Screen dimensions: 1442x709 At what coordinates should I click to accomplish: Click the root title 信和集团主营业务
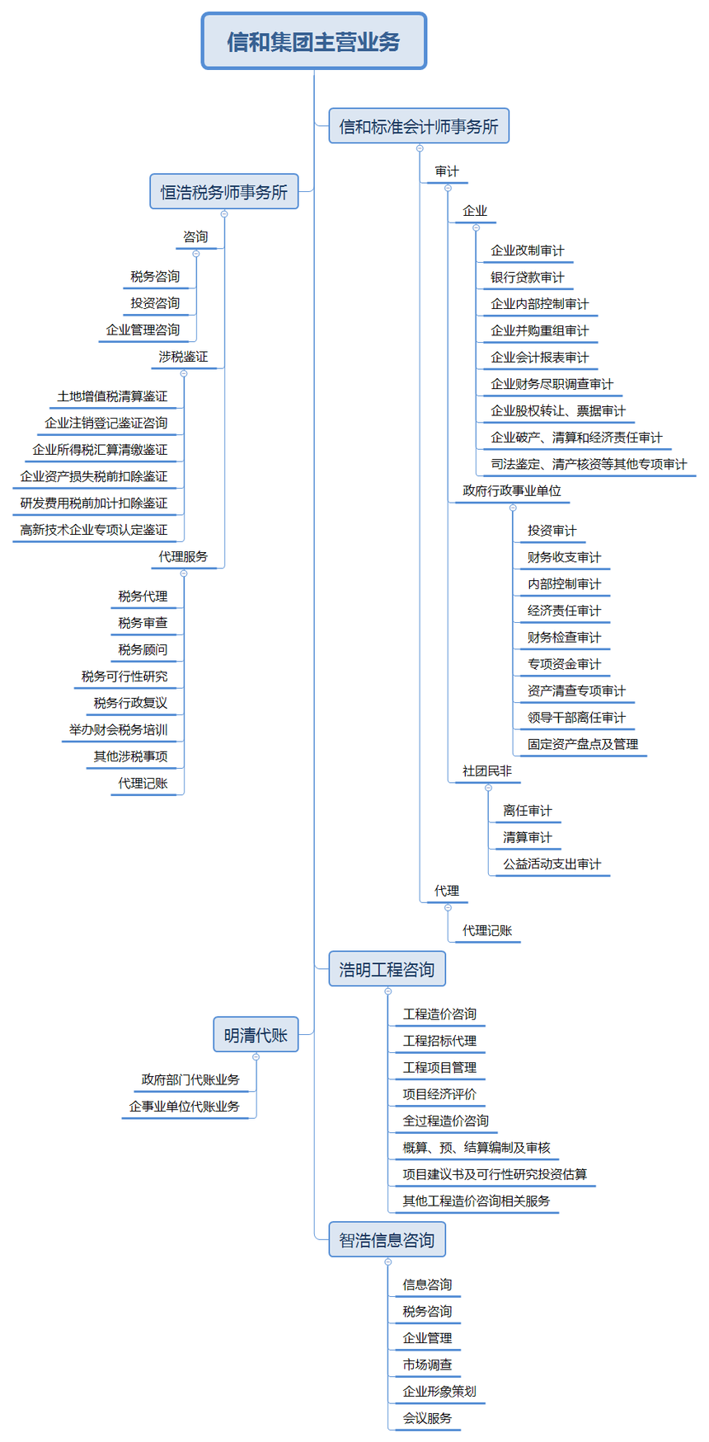point(313,41)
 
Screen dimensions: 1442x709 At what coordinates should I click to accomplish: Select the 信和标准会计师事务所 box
point(419,126)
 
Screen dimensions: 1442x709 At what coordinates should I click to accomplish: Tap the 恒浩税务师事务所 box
point(223,192)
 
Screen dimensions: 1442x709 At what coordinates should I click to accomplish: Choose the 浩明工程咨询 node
point(387,970)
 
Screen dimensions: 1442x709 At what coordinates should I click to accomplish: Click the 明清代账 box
point(256,1035)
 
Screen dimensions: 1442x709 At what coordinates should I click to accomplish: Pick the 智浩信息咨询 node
point(387,1240)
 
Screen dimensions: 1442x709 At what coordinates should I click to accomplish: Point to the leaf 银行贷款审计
point(527,278)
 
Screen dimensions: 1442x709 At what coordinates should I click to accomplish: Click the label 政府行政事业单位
point(511,491)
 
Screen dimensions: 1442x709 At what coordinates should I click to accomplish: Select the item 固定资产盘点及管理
point(582,745)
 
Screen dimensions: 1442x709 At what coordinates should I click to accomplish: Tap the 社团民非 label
point(486,771)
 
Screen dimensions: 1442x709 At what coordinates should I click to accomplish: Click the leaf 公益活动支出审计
point(552,864)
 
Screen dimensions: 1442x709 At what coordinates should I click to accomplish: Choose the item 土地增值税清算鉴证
point(112,397)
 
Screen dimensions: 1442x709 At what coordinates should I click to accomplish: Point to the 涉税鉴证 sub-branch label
point(183,357)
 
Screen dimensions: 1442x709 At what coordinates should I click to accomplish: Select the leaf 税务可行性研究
point(124,677)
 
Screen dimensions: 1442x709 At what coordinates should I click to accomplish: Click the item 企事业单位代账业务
point(184,1107)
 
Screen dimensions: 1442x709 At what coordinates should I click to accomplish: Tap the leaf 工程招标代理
point(439,1042)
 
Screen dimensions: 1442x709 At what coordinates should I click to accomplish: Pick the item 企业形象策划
point(439,1392)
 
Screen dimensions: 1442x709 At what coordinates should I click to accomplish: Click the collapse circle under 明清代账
point(256,1056)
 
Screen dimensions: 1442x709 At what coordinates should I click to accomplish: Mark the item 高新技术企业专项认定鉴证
point(94,531)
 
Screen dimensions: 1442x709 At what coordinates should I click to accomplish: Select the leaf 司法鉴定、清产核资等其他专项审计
point(589,465)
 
